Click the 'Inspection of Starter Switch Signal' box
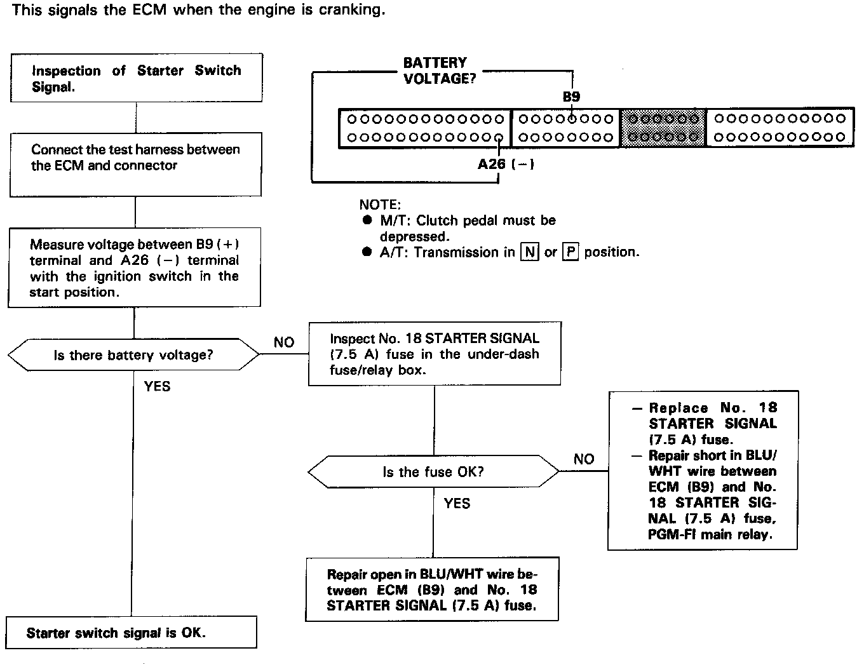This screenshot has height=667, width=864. [x=136, y=78]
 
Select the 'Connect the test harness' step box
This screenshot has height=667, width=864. [x=135, y=164]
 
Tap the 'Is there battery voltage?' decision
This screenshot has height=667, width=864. [x=133, y=355]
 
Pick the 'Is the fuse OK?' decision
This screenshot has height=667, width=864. [x=433, y=472]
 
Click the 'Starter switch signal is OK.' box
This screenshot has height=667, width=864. [x=131, y=633]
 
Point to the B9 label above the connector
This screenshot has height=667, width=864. [x=571, y=97]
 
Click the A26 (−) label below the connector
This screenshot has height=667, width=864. [x=506, y=165]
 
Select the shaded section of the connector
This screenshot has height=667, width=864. [x=663, y=128]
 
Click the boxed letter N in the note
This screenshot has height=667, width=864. [x=529, y=252]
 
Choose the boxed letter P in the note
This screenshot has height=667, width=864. [x=570, y=252]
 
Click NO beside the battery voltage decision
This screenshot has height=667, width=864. [x=284, y=342]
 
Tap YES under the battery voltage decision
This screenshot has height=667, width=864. [x=157, y=386]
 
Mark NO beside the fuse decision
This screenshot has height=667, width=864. [x=584, y=459]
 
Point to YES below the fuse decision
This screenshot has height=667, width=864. [x=457, y=504]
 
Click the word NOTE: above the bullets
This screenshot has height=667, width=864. [x=380, y=205]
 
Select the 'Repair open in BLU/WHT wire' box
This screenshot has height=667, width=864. [x=432, y=590]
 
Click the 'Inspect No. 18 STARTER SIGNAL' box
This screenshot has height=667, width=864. [x=435, y=354]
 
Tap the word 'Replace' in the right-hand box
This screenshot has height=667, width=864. [x=678, y=408]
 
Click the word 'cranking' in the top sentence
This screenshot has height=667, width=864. [x=354, y=11]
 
